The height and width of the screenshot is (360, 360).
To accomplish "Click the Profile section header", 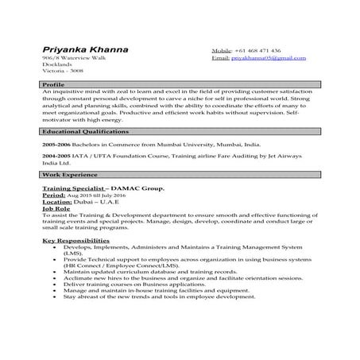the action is click(53, 83).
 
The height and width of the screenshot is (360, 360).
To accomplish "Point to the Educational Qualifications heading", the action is click(81, 129).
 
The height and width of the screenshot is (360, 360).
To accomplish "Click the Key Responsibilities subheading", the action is click(75, 239).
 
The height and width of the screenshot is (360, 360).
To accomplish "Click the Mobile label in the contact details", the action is click(222, 49).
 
